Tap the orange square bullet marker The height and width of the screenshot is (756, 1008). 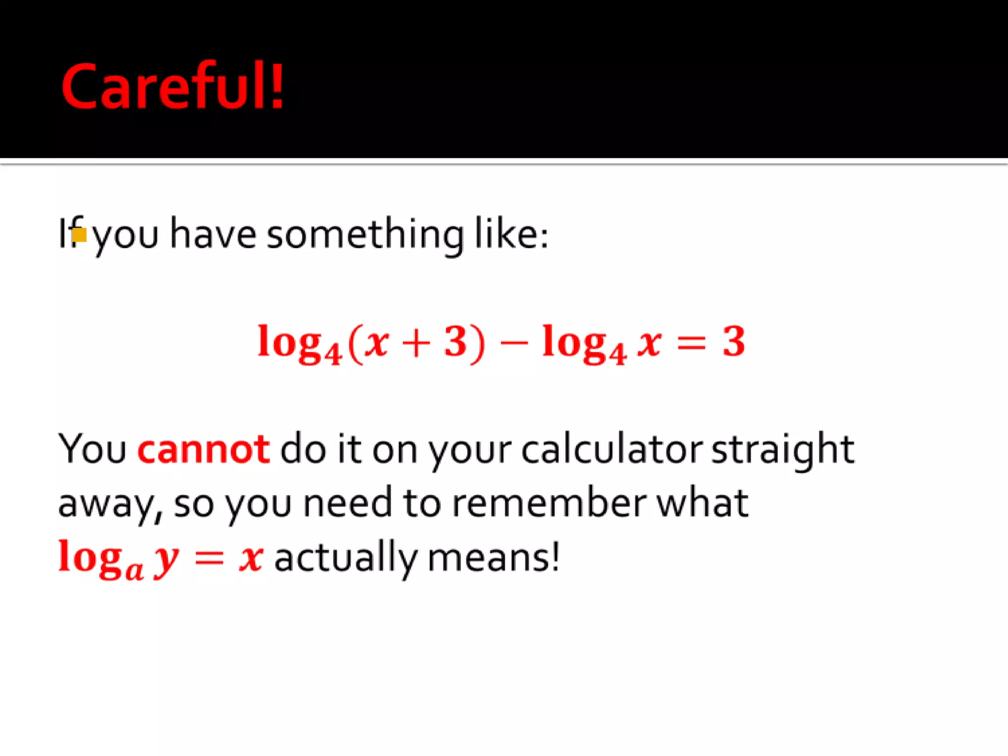(80, 235)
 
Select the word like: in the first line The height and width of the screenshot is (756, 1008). (511, 234)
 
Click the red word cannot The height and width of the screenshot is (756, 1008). (203, 449)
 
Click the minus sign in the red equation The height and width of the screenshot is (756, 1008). (513, 343)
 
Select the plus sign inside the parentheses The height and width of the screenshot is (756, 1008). (416, 343)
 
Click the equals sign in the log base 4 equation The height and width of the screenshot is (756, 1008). (692, 343)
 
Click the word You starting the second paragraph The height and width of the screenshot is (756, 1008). (93, 449)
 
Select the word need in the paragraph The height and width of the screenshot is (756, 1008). (347, 503)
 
